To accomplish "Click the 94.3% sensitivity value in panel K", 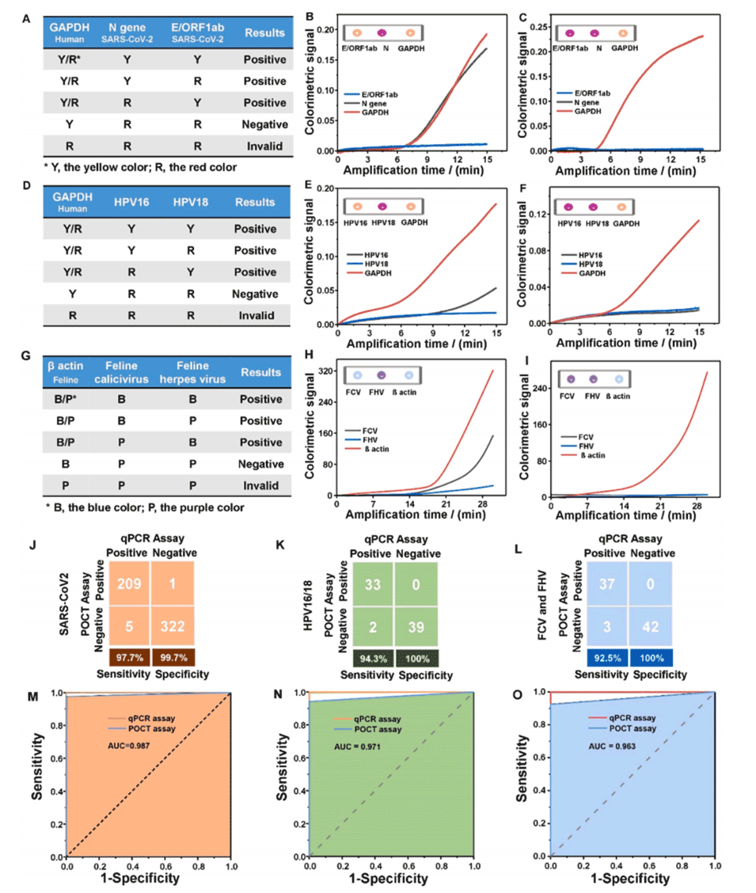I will (367, 656).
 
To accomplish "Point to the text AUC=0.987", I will (128, 745).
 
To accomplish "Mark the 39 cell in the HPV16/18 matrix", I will (412, 627).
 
